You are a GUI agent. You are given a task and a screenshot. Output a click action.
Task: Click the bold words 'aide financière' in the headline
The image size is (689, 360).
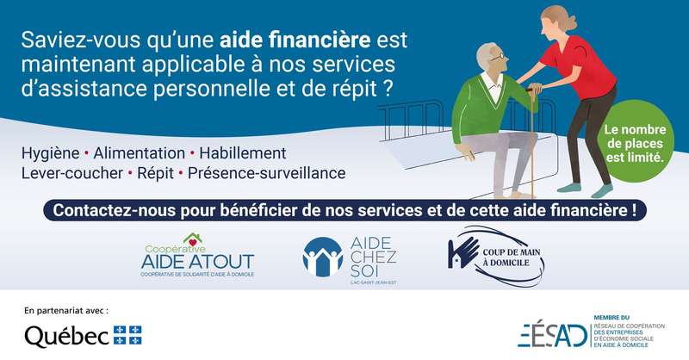pyautogui.click(x=295, y=40)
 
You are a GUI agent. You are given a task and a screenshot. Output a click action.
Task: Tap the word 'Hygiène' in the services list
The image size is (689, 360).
pyautogui.click(x=51, y=153)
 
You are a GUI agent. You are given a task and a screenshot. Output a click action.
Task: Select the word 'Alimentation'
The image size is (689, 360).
pyautogui.click(x=139, y=153)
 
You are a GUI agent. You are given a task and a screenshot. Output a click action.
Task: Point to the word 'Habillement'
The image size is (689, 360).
pyautogui.click(x=243, y=153)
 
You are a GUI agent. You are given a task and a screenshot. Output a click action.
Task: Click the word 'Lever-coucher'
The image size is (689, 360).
pyautogui.click(x=72, y=173)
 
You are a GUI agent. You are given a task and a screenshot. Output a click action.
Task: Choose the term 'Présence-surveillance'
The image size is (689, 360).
pyautogui.click(x=266, y=173)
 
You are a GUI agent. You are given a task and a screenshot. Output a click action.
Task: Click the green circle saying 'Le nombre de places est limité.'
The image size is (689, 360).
pyautogui.click(x=635, y=142)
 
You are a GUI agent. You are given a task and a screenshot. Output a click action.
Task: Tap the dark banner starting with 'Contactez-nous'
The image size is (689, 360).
pyautogui.click(x=344, y=210)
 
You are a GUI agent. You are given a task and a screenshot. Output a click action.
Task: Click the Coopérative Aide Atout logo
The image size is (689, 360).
pyautogui.click(x=197, y=256)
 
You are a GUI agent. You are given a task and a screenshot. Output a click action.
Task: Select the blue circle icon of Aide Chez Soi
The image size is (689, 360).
pyautogui.click(x=323, y=258)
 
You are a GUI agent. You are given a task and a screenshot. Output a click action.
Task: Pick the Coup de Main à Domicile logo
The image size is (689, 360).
pyautogui.click(x=496, y=257)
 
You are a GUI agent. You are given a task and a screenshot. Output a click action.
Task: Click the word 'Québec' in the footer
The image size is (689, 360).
pyautogui.click(x=67, y=336)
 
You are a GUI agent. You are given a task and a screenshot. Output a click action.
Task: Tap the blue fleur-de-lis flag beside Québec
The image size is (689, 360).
pyautogui.click(x=127, y=335)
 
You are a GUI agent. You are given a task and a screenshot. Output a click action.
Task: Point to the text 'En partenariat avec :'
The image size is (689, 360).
pyautogui.click(x=66, y=311)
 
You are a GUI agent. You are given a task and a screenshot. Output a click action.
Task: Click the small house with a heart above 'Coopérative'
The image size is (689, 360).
pyautogui.click(x=192, y=240)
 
